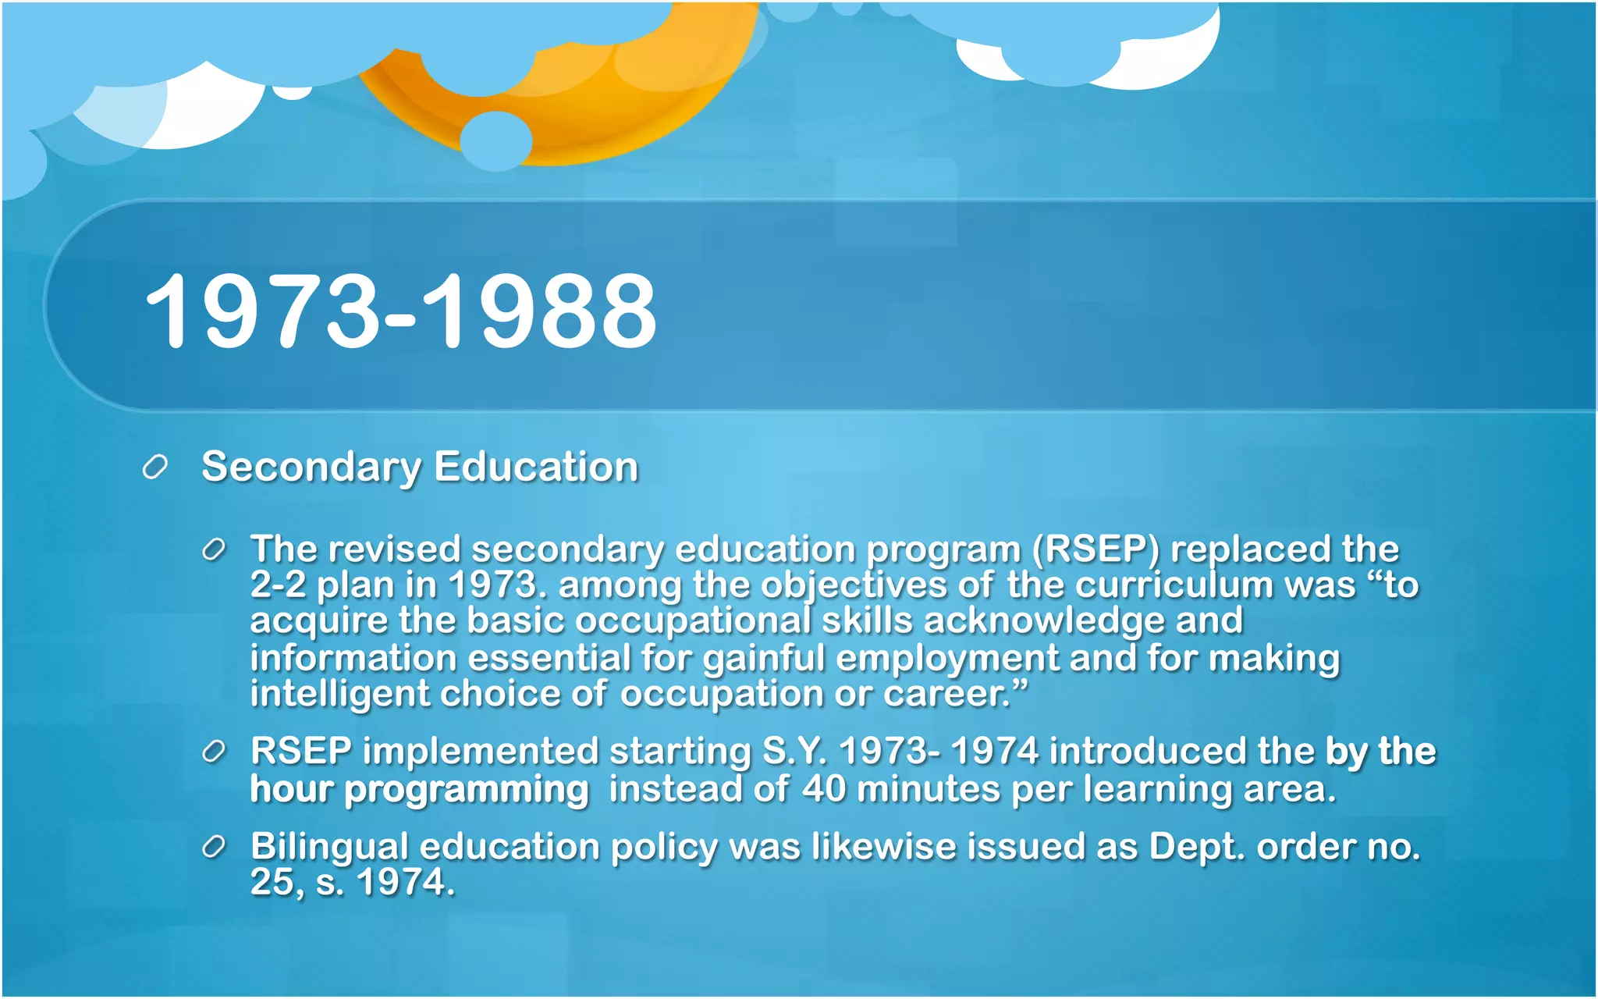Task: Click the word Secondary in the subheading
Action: point(311,468)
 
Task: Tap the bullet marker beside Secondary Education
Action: point(155,468)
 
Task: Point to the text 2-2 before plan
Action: point(278,585)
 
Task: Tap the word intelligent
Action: point(339,694)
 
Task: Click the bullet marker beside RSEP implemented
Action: point(213,752)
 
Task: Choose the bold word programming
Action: point(466,790)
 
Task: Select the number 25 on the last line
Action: point(271,883)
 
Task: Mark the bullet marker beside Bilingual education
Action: point(213,848)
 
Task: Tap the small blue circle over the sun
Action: point(495,141)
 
